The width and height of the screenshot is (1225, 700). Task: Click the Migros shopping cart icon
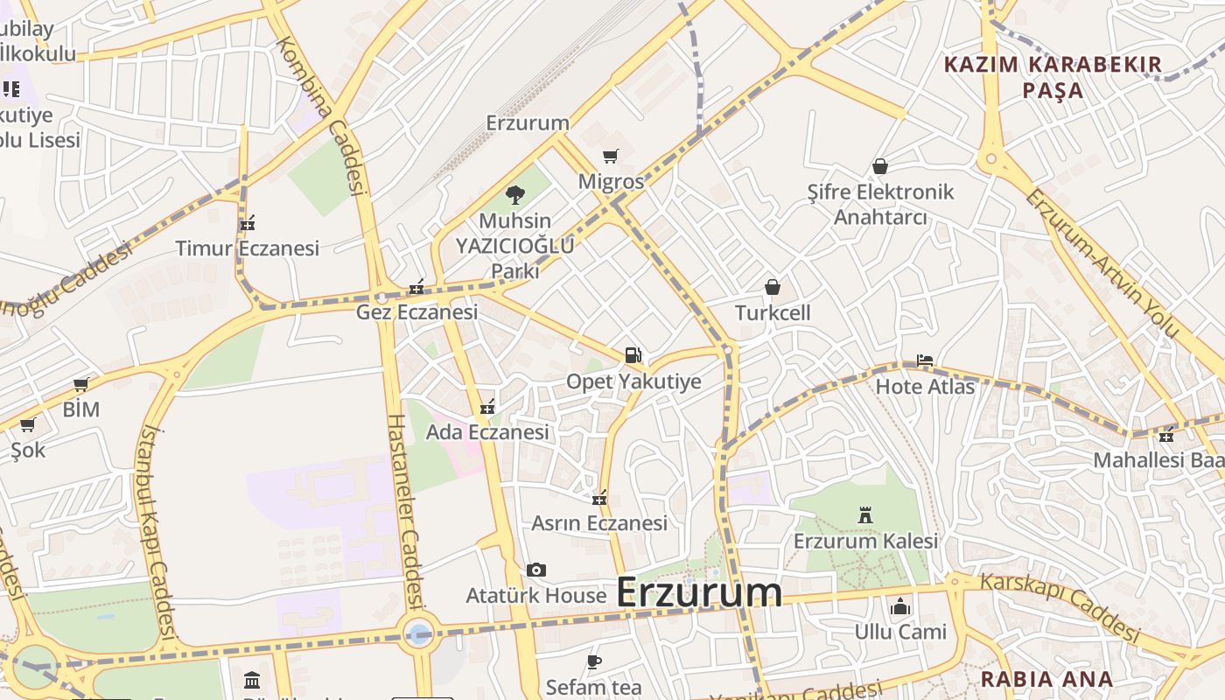[610, 157]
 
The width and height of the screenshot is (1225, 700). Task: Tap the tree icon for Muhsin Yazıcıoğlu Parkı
[515, 195]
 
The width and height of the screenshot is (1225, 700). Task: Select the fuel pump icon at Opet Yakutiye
[633, 355]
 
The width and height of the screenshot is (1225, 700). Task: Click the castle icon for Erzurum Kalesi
[865, 515]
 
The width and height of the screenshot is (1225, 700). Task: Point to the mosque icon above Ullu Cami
[899, 606]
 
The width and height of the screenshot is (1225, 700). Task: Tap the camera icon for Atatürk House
[536, 570]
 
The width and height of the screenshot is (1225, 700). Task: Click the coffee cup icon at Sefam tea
[594, 661]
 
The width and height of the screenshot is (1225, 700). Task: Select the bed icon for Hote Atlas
[925, 360]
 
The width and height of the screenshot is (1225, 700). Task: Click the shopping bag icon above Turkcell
[773, 287]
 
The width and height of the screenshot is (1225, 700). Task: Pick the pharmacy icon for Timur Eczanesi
[248, 223]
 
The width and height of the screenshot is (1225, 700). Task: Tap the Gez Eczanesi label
[416, 312]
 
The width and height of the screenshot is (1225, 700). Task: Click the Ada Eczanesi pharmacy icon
[487, 407]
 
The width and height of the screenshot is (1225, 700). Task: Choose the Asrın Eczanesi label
[599, 523]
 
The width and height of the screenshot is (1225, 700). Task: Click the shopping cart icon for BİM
[81, 385]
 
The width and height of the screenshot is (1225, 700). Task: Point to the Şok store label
[28, 450]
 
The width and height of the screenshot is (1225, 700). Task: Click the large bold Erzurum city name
[698, 592]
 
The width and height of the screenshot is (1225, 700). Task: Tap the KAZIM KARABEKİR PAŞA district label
[1053, 77]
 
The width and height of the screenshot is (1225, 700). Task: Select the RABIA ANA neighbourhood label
[1046, 679]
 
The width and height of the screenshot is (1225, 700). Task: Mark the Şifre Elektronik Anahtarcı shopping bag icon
[880, 166]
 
